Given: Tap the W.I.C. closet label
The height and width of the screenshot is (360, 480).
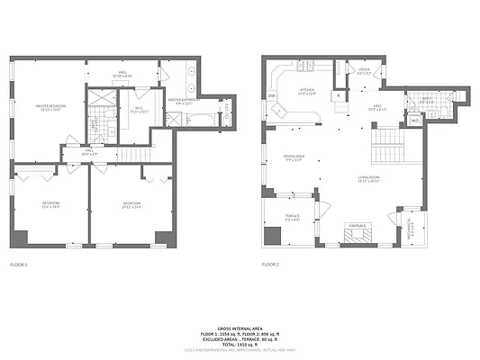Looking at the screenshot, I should click(x=138, y=112).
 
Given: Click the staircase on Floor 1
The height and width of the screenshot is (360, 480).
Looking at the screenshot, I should click(x=134, y=156).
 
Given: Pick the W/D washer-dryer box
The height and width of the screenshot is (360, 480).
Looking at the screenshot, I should click(x=415, y=121).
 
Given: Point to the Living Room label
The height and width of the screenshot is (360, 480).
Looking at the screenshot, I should click(x=367, y=179).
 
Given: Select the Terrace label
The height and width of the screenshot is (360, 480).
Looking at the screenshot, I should click(x=293, y=217).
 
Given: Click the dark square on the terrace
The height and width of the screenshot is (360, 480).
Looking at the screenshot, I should click(x=272, y=236).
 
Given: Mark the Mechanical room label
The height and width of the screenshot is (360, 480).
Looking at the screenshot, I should click(x=412, y=224).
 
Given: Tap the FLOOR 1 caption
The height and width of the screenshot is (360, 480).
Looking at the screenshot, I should click(x=19, y=265).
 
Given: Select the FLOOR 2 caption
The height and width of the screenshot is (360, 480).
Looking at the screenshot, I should click(x=271, y=265).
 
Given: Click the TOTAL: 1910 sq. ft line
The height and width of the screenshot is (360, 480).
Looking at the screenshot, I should click(x=240, y=344).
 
